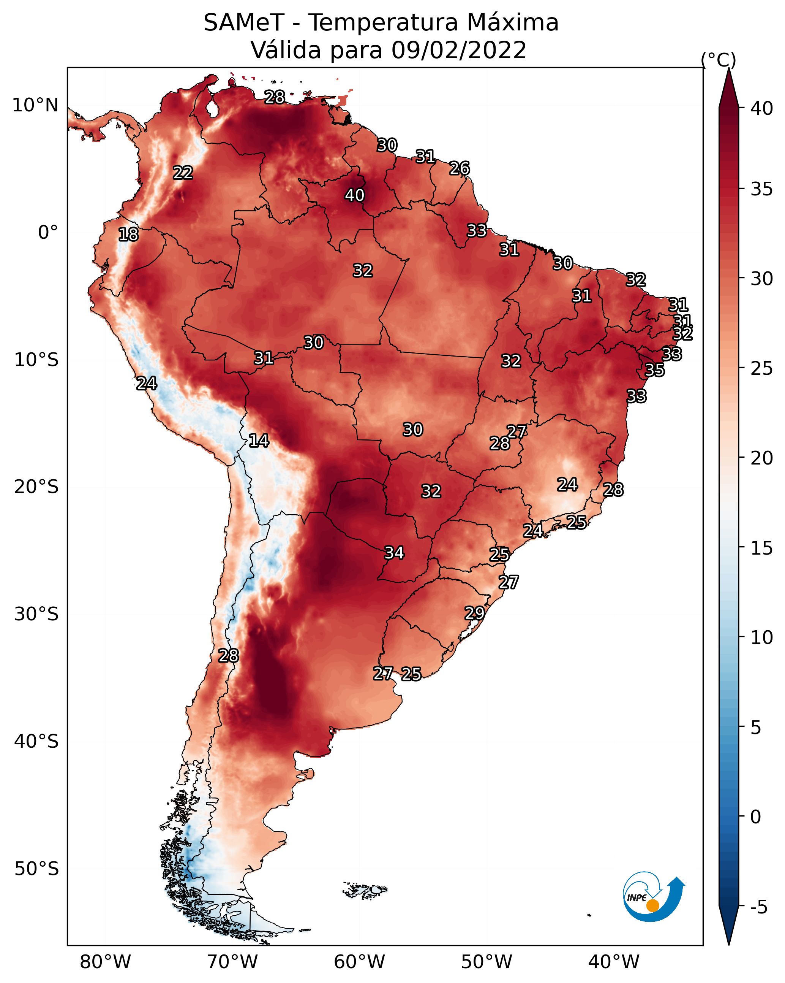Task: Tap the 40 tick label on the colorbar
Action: click(762, 108)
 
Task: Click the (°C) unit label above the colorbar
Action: click(719, 60)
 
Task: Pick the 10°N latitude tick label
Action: click(35, 105)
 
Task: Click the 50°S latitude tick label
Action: click(36, 869)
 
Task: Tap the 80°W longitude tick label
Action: click(105, 962)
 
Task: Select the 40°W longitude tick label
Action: click(614, 962)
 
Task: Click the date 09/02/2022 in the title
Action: click(459, 50)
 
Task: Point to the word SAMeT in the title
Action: click(244, 23)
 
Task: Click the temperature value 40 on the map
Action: click(354, 195)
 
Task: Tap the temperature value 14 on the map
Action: click(259, 441)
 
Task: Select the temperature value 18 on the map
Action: click(128, 235)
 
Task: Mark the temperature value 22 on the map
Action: click(183, 173)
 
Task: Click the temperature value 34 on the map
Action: click(395, 553)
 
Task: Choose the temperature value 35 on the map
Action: click(655, 370)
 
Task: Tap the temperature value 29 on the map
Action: click(474, 613)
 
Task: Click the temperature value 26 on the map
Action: click(460, 168)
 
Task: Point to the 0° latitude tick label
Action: click(48, 233)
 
